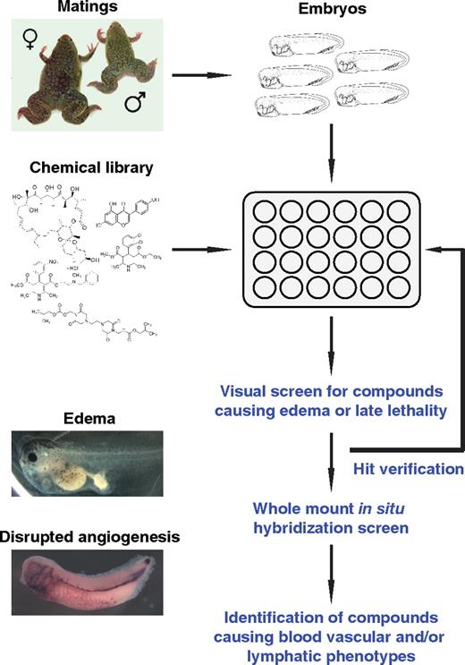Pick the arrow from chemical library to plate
pyautogui.click(x=209, y=250)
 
